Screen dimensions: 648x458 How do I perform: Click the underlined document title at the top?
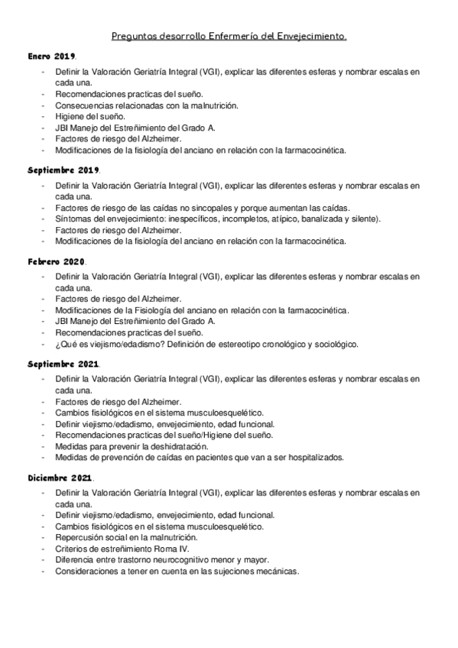[x=229, y=35]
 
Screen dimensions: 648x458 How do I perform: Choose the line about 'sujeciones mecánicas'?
[x=177, y=572]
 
